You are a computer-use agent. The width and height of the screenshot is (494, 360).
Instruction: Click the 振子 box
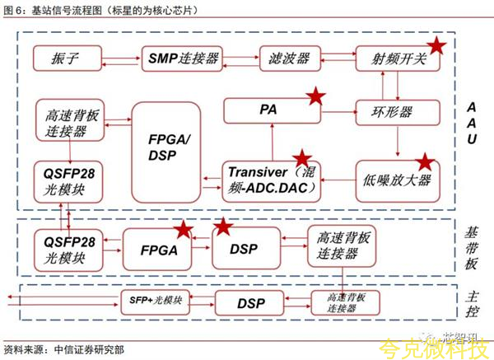(68, 59)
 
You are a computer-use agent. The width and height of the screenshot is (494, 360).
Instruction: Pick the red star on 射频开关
(437, 48)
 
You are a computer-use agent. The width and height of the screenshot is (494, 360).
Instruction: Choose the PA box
(268, 109)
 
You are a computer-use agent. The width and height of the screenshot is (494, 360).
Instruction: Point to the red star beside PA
(315, 97)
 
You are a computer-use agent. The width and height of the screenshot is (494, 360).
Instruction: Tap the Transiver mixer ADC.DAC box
(273, 180)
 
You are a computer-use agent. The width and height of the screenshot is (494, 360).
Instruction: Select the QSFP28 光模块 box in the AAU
(69, 180)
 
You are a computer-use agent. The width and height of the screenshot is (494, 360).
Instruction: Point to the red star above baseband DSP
(223, 228)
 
